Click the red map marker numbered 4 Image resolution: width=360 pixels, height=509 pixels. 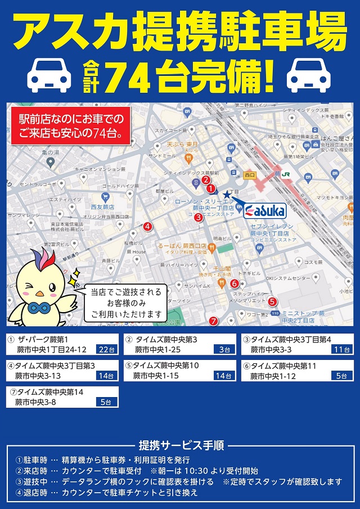point(147,227)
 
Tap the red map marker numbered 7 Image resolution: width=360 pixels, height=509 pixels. point(213,321)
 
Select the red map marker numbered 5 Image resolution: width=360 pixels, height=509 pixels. point(272,301)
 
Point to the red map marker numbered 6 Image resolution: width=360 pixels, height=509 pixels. point(235,283)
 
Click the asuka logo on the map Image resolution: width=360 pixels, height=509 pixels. point(264,210)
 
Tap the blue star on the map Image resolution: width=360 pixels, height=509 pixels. point(227,194)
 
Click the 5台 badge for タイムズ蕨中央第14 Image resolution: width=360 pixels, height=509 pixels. point(106,402)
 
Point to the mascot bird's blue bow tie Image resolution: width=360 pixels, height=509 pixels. point(39,309)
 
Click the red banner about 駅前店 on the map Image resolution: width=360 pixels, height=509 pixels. point(71,126)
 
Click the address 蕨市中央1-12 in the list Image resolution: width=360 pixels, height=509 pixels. point(273,376)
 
